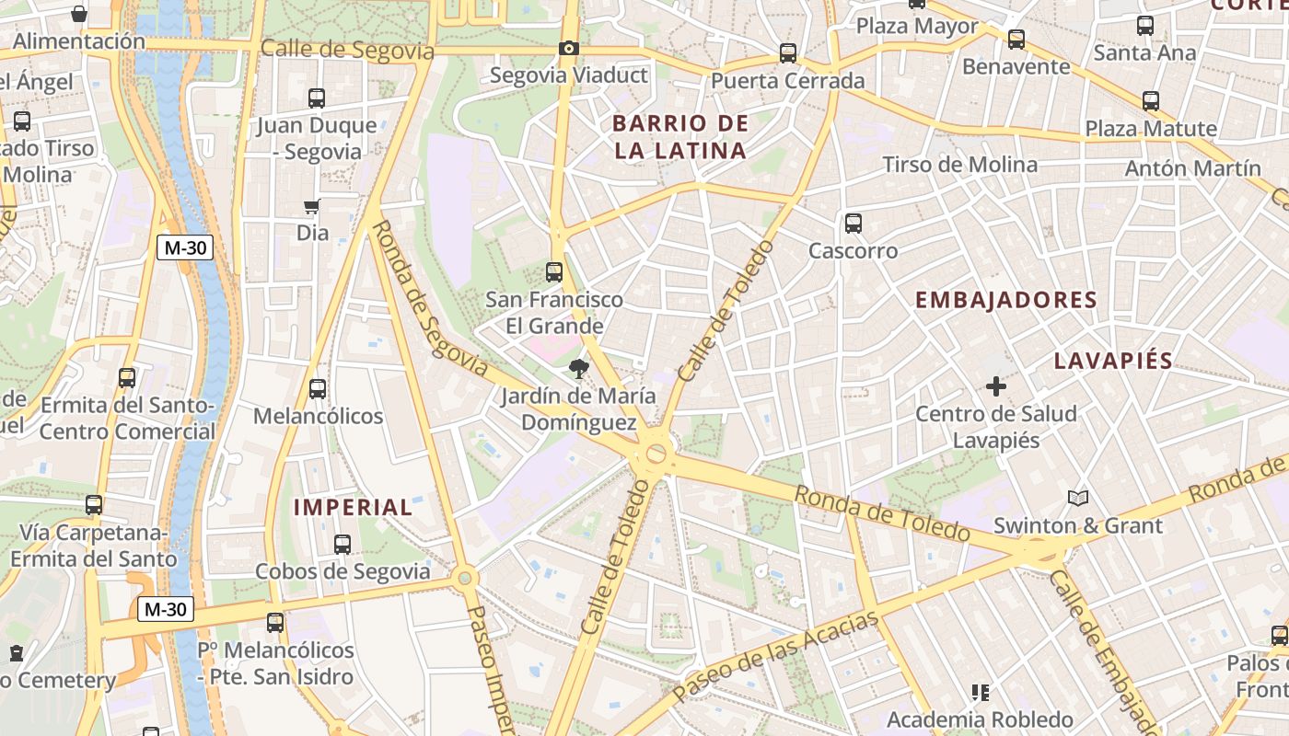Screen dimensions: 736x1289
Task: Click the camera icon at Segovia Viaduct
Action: coord(569,48)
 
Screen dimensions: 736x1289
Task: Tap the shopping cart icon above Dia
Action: coord(312,207)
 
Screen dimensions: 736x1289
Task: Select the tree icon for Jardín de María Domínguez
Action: coord(578,370)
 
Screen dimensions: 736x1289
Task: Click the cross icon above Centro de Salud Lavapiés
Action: coord(995,386)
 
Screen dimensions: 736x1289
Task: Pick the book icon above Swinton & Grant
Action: coord(1078,499)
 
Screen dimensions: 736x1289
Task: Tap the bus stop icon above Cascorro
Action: coord(854,224)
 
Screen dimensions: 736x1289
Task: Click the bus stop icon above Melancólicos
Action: coord(318,389)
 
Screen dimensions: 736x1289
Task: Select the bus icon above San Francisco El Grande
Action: coord(554,272)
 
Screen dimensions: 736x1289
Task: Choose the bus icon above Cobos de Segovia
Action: coord(343,545)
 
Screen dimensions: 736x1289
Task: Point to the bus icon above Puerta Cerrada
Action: coord(788,53)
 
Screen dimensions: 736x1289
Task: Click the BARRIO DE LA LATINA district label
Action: coord(680,137)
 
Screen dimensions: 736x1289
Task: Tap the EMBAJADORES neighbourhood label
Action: coord(1006,300)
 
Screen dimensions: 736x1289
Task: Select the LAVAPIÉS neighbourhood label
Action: coord(1113,361)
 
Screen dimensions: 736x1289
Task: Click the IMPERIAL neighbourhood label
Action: coord(354,507)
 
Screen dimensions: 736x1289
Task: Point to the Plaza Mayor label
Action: coord(917,26)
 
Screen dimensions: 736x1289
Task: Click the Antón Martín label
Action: coord(1193,168)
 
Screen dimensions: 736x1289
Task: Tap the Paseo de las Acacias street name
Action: coord(776,656)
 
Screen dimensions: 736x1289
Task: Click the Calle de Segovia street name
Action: coord(347,49)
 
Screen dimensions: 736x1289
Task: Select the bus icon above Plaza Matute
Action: coord(1151,101)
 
